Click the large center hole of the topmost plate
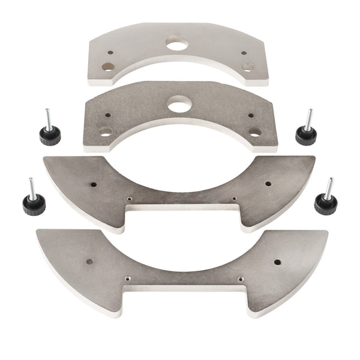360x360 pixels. click(177, 43)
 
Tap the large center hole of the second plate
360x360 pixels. click(179, 105)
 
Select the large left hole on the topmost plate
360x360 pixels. click(108, 67)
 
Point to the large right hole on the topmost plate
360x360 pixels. click(248, 67)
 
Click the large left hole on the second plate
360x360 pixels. click(106, 132)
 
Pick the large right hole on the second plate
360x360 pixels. click(255, 131)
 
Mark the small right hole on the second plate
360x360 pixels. click(251, 115)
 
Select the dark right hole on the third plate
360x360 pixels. click(268, 184)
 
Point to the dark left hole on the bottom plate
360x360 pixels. click(89, 262)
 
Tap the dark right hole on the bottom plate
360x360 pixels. click(277, 262)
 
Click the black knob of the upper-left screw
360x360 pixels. click(50, 136)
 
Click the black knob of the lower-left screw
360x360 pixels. click(34, 205)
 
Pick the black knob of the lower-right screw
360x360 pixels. click(325, 204)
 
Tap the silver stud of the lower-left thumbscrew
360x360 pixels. click(31, 188)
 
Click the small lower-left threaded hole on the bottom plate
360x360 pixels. click(128, 278)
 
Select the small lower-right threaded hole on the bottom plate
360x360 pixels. click(240, 278)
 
